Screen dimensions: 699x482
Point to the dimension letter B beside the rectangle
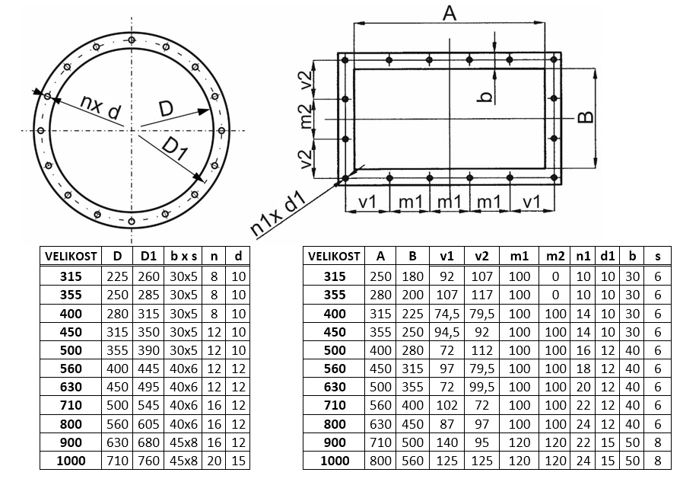586,117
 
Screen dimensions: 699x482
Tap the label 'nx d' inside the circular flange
100,107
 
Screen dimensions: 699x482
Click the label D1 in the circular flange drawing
175,148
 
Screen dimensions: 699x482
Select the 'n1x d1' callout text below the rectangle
278,214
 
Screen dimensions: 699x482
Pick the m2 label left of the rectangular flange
305,117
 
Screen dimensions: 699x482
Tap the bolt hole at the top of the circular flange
132,40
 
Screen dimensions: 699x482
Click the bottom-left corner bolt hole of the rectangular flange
345,178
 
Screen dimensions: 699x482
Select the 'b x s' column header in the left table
183,256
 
